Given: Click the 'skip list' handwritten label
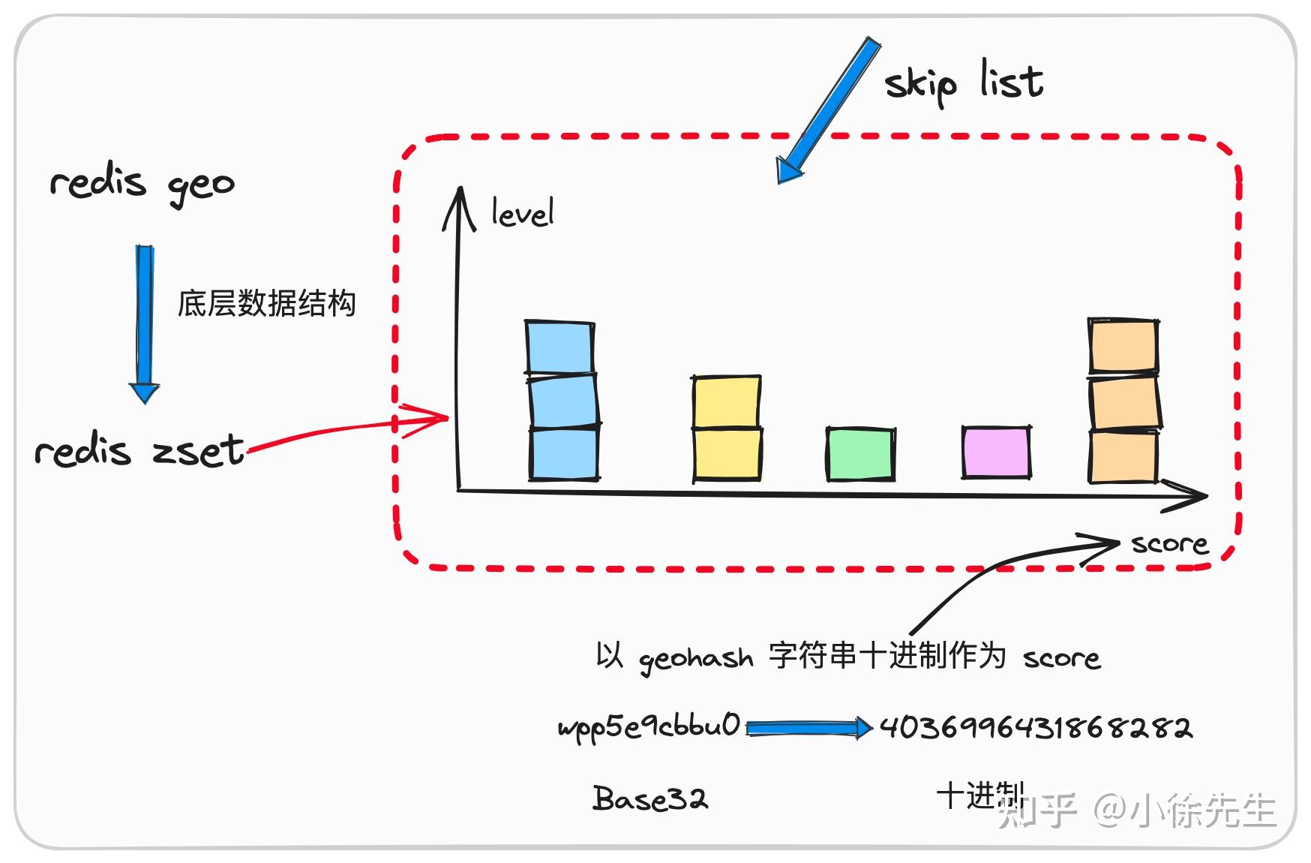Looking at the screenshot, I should tap(964, 83).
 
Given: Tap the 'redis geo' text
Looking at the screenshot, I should tap(142, 183).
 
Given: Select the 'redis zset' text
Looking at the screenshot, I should tap(139, 451).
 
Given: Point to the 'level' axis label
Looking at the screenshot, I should tap(522, 213).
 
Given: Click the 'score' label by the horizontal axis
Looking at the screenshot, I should tap(1169, 543).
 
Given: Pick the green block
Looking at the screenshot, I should tap(860, 454).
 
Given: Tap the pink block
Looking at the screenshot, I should tap(996, 452).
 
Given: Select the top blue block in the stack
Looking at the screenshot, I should tap(560, 347).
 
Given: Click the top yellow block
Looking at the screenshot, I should tap(726, 401).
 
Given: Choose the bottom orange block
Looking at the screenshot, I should tap(1123, 456).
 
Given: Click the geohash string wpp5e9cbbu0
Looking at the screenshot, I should tap(649, 726).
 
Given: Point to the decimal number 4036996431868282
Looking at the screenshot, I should tap(1035, 727).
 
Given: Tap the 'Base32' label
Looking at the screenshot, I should tap(649, 798).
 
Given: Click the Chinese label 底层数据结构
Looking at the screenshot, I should tap(266, 304).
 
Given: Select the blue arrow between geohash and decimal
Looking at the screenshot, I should tap(808, 727).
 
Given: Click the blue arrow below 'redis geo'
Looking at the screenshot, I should tap(144, 323).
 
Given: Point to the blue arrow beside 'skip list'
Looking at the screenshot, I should tap(829, 109).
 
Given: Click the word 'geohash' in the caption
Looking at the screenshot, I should tap(695, 659).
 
